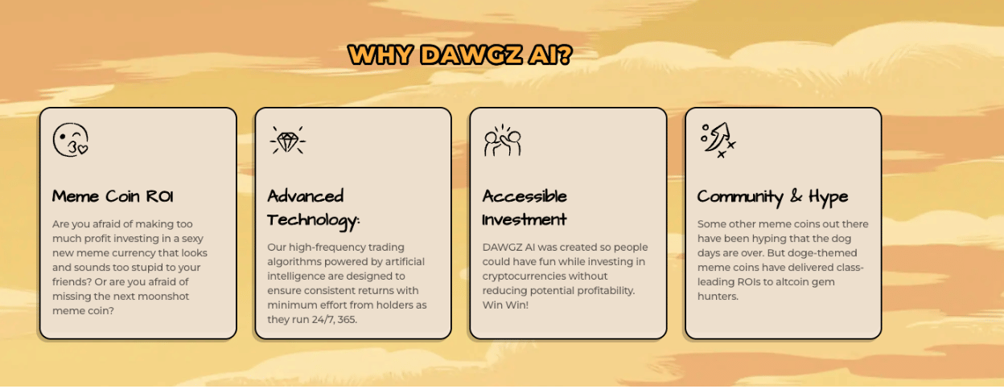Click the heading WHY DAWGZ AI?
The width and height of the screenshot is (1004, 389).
click(460, 55)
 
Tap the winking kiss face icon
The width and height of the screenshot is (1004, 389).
click(70, 140)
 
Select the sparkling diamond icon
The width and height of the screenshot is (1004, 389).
click(288, 140)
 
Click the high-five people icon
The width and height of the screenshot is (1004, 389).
click(503, 141)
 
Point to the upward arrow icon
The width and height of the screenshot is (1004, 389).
click(718, 140)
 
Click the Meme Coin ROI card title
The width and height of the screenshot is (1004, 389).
click(113, 196)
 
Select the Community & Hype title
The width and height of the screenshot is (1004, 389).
click(773, 197)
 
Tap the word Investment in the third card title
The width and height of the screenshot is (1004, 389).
click(525, 219)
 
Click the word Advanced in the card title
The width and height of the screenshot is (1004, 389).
click(306, 196)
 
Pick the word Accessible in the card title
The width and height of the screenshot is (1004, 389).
click(525, 196)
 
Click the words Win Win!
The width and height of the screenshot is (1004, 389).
click(505, 305)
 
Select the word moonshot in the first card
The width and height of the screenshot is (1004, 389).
click(163, 297)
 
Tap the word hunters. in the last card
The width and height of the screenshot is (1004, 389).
click(718, 297)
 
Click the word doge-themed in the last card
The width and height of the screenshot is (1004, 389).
click(829, 253)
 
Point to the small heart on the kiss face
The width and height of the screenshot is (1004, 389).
click(83, 150)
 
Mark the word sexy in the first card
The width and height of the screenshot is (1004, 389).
click(192, 239)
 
